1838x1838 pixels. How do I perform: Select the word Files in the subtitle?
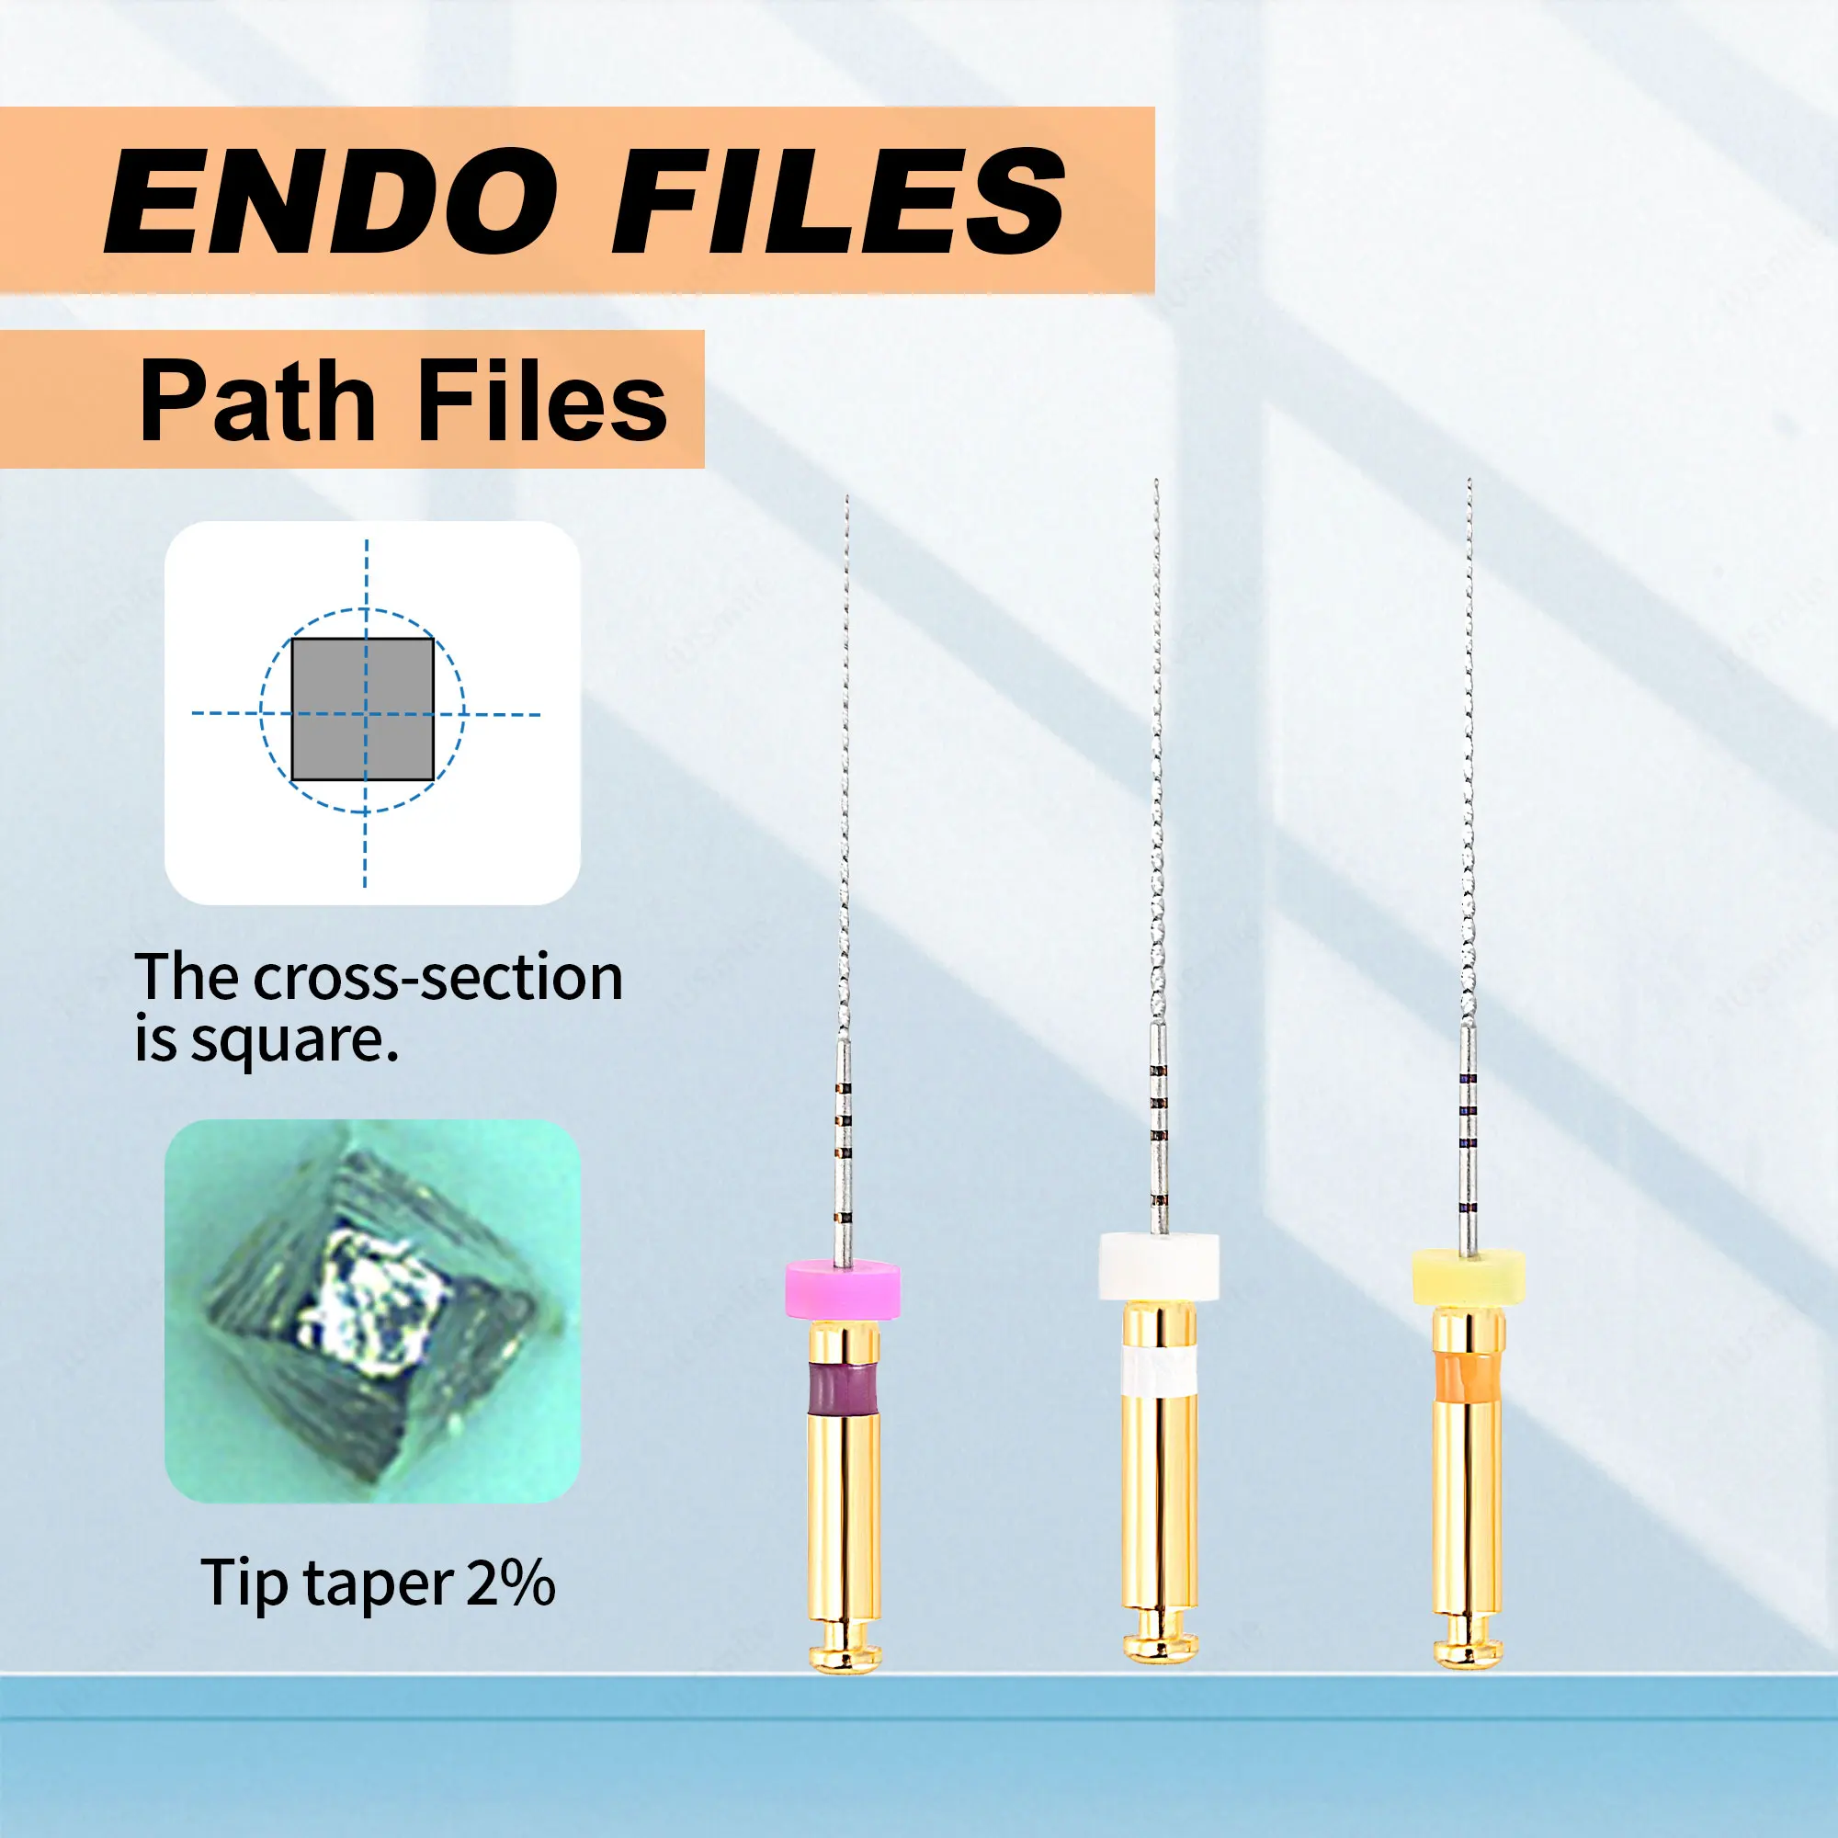543,402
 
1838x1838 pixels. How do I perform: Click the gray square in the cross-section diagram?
362,709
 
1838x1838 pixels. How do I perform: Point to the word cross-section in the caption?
438,978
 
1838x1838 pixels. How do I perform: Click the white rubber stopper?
1159,1266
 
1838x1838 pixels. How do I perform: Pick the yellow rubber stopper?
1469,1277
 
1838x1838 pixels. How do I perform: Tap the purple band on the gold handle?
843,1390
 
